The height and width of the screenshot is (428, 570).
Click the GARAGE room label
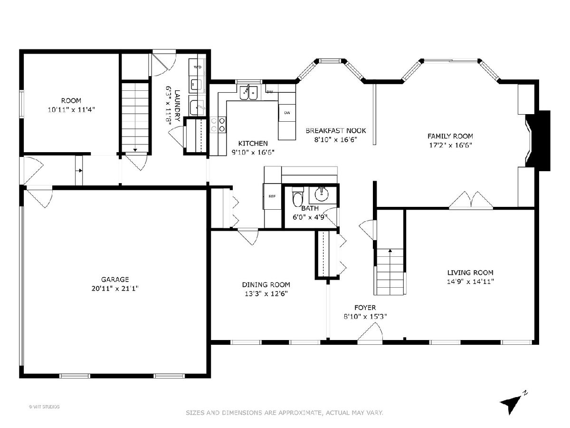115,279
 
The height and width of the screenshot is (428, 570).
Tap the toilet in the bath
298,197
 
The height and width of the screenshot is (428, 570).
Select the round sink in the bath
322,194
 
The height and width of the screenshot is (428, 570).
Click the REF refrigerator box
272,196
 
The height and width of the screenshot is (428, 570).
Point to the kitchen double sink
248,92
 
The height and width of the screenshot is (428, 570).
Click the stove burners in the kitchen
218,125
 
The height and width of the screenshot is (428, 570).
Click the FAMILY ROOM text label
450,136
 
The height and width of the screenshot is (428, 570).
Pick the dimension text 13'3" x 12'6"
266,293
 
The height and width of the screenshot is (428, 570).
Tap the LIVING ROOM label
470,272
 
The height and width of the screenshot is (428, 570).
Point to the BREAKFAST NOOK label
336,131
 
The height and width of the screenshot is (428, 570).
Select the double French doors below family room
471,200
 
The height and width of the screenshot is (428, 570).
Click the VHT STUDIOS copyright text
44,407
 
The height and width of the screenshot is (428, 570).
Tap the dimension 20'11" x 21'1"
115,289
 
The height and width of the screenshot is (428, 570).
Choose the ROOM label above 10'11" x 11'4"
71,100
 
